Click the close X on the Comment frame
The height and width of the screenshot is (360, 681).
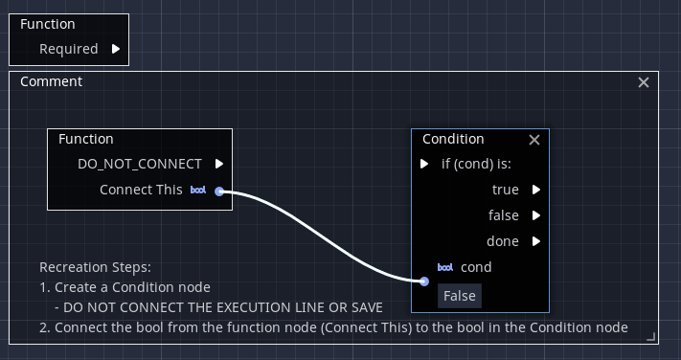click(x=644, y=82)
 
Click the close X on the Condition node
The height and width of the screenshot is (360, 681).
click(x=534, y=140)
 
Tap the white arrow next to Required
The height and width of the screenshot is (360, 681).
click(x=116, y=49)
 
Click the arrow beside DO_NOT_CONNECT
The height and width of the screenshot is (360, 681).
click(x=219, y=164)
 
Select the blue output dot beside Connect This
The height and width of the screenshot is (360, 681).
click(x=219, y=191)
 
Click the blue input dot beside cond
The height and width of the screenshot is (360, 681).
click(x=424, y=281)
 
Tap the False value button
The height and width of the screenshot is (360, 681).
click(x=459, y=296)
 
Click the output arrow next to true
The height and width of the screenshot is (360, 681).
click(x=536, y=190)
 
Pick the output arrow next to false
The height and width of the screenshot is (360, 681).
click(x=536, y=215)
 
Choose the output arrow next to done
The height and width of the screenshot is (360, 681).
click(x=536, y=241)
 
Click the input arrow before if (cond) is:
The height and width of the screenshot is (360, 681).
click(x=424, y=164)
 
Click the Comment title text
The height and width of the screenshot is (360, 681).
click(x=51, y=81)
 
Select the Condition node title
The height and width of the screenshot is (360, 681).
click(x=453, y=139)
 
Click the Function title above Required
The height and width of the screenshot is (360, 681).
click(x=48, y=24)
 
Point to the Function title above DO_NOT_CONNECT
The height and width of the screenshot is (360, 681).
click(x=86, y=139)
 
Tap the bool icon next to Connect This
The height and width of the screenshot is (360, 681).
click(x=198, y=191)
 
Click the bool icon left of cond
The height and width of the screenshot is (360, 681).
click(x=445, y=267)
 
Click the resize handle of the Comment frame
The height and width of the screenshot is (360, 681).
click(x=651, y=336)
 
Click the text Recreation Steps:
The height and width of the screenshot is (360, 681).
click(x=95, y=267)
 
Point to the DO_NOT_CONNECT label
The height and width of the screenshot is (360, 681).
click(x=140, y=164)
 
